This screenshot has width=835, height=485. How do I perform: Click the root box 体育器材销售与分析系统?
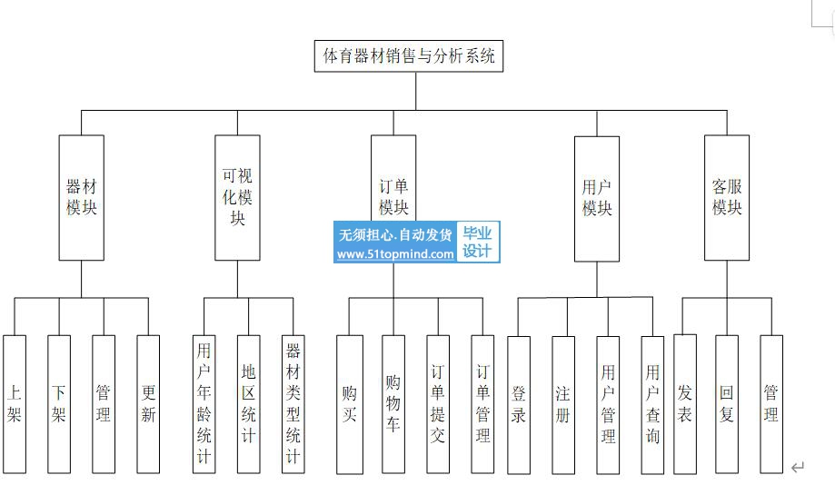(x=410, y=56)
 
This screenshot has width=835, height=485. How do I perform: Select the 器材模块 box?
(x=81, y=198)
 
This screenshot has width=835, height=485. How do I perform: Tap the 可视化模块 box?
(x=237, y=197)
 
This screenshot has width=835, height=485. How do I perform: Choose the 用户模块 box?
(x=597, y=198)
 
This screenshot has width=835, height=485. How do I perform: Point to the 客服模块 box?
(x=727, y=198)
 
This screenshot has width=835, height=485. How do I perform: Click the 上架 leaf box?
(x=15, y=404)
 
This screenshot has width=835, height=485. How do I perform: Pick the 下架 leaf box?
(x=59, y=404)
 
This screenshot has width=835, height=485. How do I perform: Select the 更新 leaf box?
(x=148, y=404)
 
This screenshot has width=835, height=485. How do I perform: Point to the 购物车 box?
(x=393, y=404)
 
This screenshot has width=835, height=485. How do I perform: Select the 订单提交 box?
(x=438, y=404)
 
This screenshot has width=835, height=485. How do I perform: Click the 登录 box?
(x=519, y=404)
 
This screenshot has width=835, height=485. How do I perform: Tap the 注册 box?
(x=563, y=404)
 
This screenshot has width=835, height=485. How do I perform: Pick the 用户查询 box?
(x=652, y=404)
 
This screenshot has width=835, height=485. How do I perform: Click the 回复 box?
(x=727, y=404)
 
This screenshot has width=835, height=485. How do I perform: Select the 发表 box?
(x=685, y=403)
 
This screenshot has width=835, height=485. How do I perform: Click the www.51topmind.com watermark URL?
(x=395, y=254)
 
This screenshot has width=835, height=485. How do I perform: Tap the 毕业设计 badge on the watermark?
(x=478, y=242)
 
